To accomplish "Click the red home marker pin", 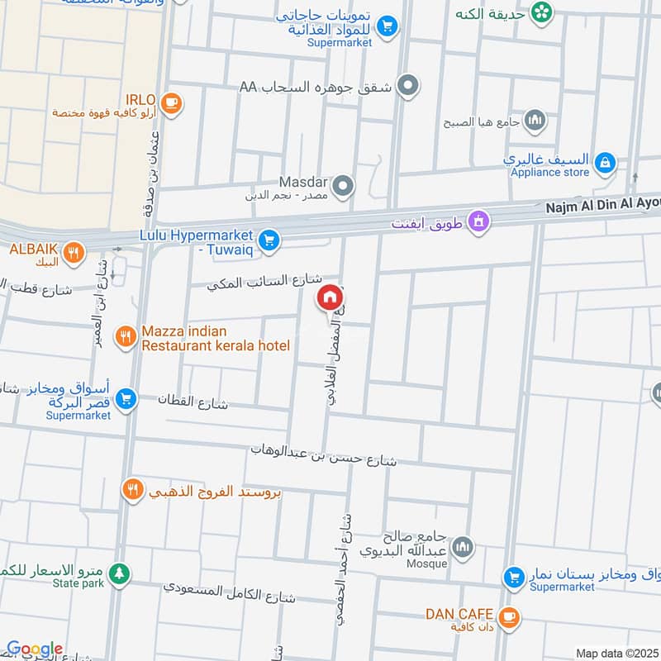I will (x=329, y=297).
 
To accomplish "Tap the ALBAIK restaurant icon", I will (x=74, y=253).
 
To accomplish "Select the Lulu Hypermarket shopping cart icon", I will (x=269, y=241).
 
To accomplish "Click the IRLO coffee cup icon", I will (x=171, y=102).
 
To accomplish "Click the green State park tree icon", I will (x=121, y=573).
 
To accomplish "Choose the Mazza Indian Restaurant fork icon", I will (x=125, y=335).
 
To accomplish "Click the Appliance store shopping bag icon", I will (x=606, y=162).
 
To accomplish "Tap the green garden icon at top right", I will (x=541, y=12).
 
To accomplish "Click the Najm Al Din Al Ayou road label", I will (x=602, y=210).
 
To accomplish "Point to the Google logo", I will (x=34, y=649).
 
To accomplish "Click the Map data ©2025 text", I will (x=616, y=653).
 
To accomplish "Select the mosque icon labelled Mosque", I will (x=464, y=546).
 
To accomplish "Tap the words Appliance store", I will (x=550, y=173).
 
